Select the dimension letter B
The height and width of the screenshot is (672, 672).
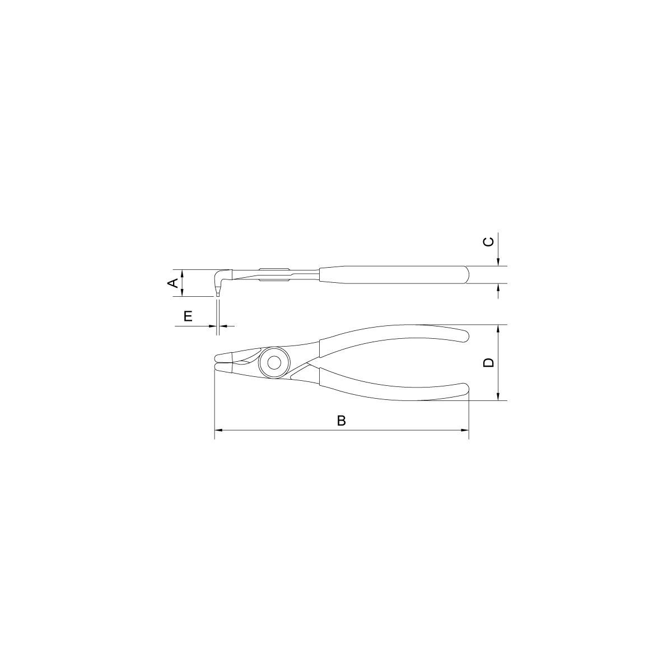[342, 421]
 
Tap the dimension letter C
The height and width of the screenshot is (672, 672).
[489, 241]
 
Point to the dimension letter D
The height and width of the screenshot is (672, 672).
[489, 362]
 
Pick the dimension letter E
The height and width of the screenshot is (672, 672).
[188, 316]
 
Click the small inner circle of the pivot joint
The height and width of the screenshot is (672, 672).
[273, 363]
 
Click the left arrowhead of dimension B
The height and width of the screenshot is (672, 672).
[218, 430]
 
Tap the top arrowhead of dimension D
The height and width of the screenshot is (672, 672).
[499, 329]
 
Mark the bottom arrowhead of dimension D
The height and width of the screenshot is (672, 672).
[499, 396]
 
